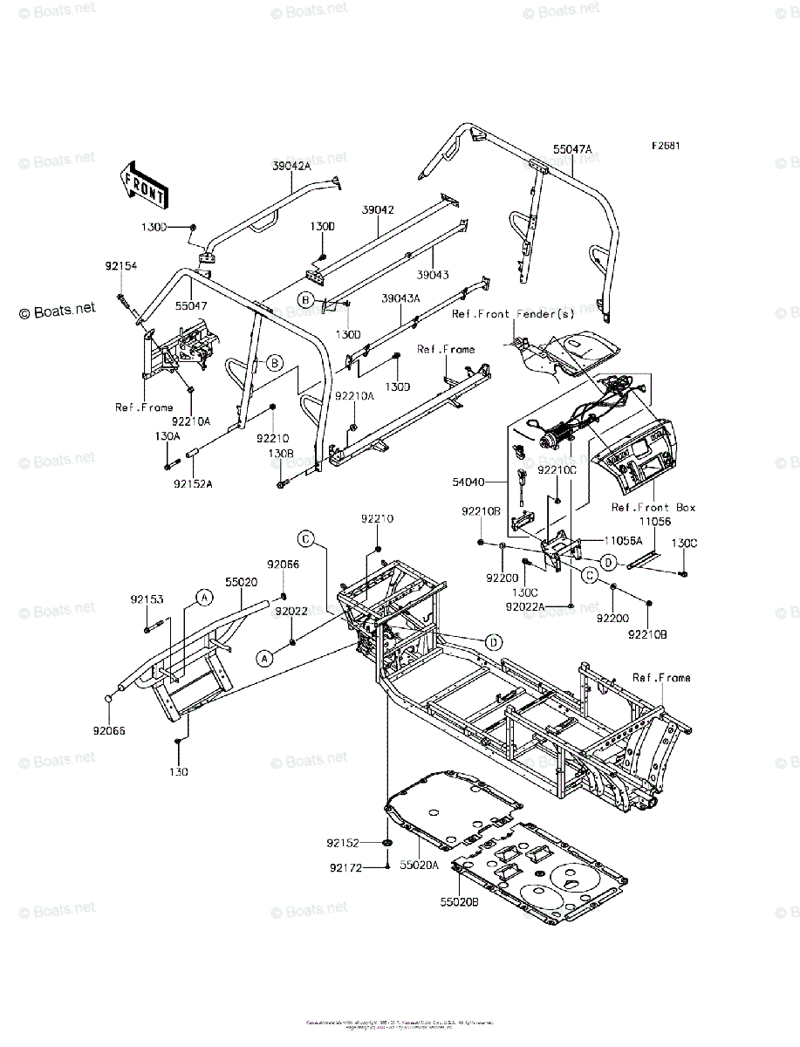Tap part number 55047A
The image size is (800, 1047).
pyautogui.click(x=571, y=150)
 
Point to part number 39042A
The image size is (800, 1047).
pyautogui.click(x=291, y=166)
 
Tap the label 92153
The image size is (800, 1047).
pyautogui.click(x=147, y=599)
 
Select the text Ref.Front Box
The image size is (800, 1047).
pyautogui.click(x=653, y=507)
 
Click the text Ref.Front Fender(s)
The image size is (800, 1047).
pyautogui.click(x=513, y=313)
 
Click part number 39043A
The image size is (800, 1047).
pyautogui.click(x=400, y=298)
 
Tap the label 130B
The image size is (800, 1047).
pyautogui.click(x=280, y=454)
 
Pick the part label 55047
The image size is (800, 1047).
pyautogui.click(x=190, y=307)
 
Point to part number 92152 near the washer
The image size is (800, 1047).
pyautogui.click(x=345, y=843)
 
